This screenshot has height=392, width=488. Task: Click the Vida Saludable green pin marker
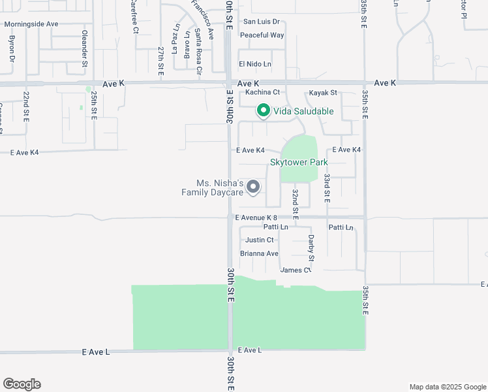(x=263, y=111)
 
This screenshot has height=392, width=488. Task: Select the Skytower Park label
(x=299, y=162)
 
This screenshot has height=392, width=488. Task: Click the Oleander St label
(x=85, y=48)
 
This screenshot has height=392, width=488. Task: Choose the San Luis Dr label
(x=261, y=22)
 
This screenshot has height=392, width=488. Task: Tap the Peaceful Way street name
(x=262, y=35)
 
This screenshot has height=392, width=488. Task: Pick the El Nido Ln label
(x=254, y=64)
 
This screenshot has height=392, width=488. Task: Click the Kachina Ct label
(x=262, y=93)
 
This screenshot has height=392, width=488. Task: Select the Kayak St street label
(x=323, y=93)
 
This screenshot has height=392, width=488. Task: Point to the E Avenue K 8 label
(x=256, y=218)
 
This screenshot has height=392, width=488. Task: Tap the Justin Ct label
(x=259, y=240)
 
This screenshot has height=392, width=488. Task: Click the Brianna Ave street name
(x=259, y=253)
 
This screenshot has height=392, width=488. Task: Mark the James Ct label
(x=295, y=270)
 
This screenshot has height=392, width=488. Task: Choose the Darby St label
(x=311, y=248)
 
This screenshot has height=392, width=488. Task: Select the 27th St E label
(x=160, y=61)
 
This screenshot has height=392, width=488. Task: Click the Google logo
(x=22, y=384)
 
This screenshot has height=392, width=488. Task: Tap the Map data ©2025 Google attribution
(x=448, y=387)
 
